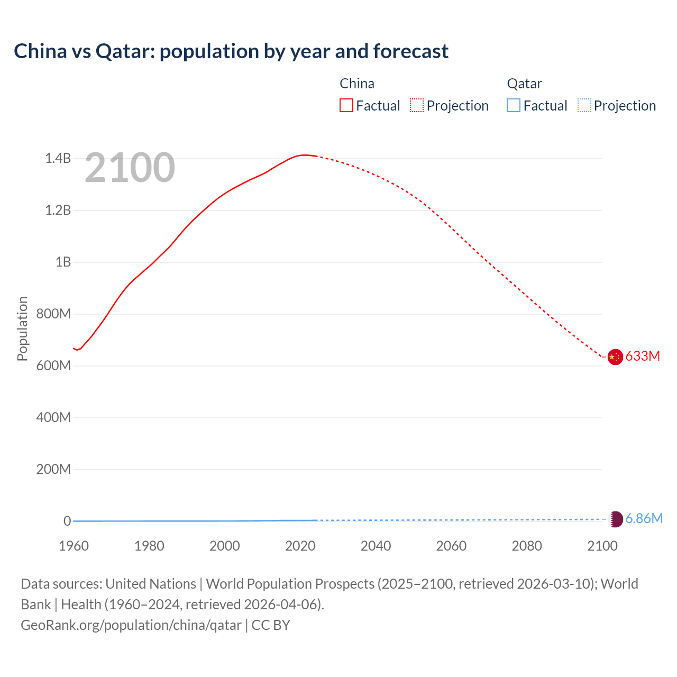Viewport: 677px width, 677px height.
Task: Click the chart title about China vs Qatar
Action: pyautogui.click(x=231, y=51)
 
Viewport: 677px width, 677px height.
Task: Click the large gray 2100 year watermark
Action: pyautogui.click(x=130, y=168)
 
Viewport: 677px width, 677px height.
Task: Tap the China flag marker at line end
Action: pyautogui.click(x=615, y=357)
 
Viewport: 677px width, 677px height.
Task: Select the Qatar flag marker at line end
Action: pyautogui.click(x=616, y=519)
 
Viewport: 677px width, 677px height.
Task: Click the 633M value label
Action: pyautogui.click(x=643, y=356)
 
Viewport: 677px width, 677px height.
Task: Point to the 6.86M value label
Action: pyautogui.click(x=644, y=518)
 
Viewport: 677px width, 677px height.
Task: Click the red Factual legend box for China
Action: pyautogui.click(x=346, y=106)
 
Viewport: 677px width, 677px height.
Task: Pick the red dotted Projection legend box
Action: pyautogui.click(x=417, y=106)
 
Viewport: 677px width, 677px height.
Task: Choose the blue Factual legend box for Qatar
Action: pyautogui.click(x=514, y=106)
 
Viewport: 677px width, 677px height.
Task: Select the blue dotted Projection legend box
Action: pyautogui.click(x=584, y=106)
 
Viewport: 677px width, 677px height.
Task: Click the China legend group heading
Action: pyautogui.click(x=357, y=84)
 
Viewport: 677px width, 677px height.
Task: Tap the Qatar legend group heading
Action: pyautogui.click(x=524, y=84)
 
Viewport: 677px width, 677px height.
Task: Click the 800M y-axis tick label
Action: pyautogui.click(x=53, y=314)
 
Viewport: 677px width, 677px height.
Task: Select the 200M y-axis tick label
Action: pyautogui.click(x=53, y=469)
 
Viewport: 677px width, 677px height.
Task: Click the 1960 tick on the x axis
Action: pyautogui.click(x=74, y=546)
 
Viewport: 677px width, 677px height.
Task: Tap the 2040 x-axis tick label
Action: pyautogui.click(x=376, y=546)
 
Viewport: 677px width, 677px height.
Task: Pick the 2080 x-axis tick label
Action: pyautogui.click(x=527, y=546)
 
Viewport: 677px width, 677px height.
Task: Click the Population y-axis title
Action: pyautogui.click(x=22, y=328)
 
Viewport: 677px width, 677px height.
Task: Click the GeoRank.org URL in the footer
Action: pyautogui.click(x=131, y=625)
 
